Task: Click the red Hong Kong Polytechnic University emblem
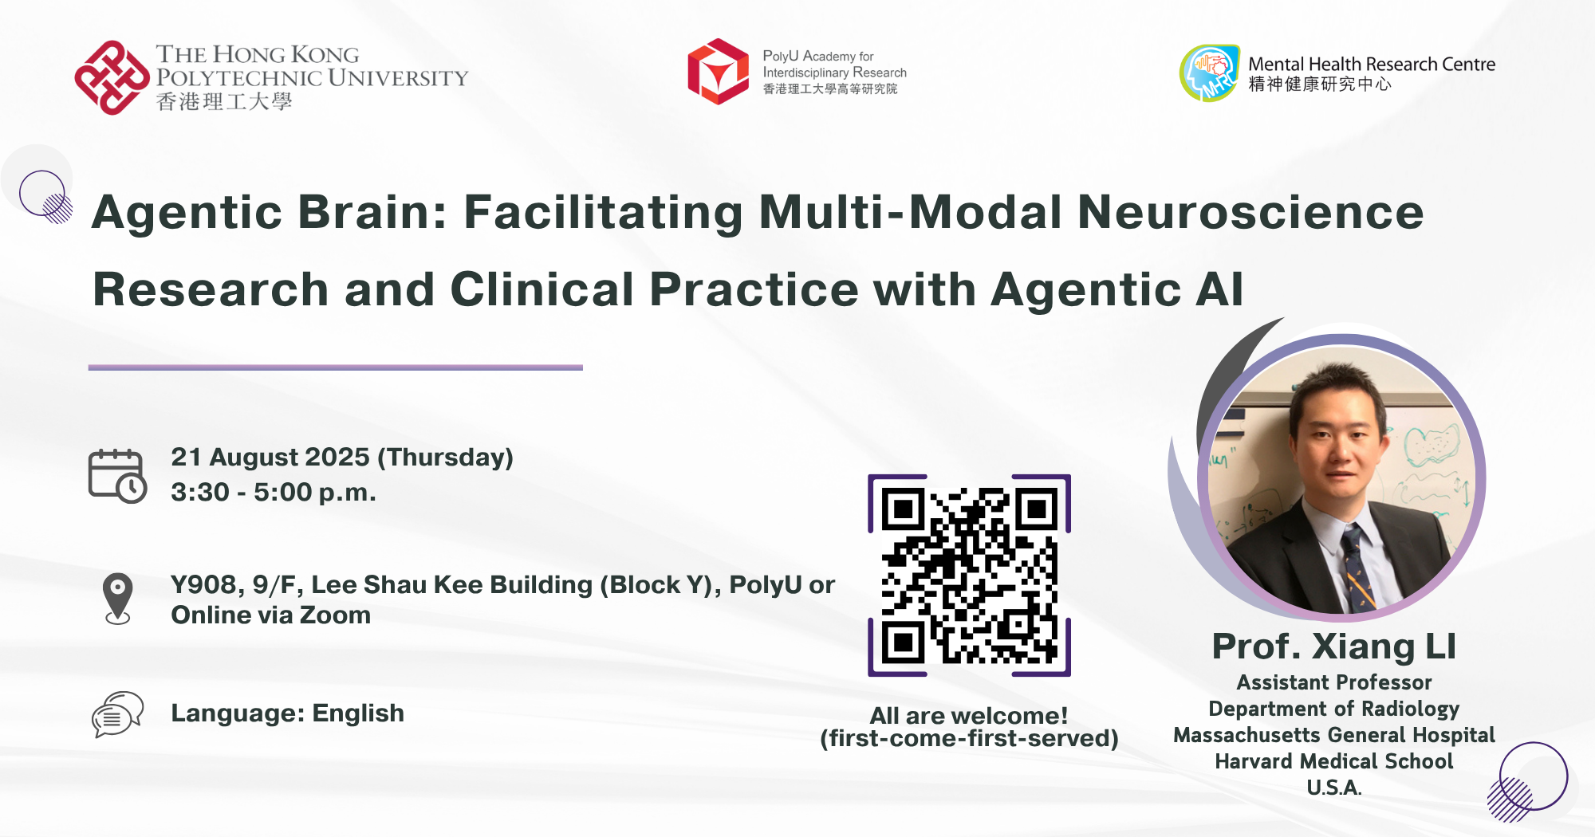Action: (x=112, y=77)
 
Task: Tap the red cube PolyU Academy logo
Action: (x=718, y=72)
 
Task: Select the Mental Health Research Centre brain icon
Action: (x=1210, y=73)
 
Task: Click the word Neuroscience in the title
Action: (x=1250, y=212)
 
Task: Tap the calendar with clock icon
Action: (x=117, y=476)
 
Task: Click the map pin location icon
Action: (x=118, y=599)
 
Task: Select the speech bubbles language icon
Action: (x=117, y=714)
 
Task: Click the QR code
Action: (x=969, y=576)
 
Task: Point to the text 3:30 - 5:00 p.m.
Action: (x=274, y=493)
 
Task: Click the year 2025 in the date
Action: (x=337, y=458)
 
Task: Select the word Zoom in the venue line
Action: (x=335, y=615)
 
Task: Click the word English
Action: (x=358, y=713)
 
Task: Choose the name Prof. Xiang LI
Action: (x=1334, y=646)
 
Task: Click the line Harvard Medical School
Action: (x=1334, y=761)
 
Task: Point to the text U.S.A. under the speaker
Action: (x=1334, y=788)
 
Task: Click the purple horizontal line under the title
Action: (x=336, y=367)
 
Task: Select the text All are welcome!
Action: (x=969, y=716)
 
